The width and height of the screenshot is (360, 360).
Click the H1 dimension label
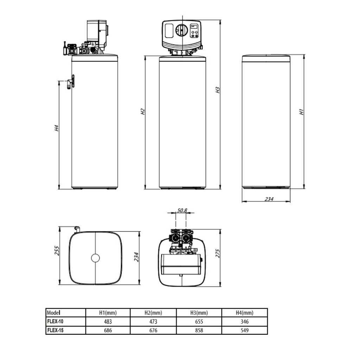(x=301, y=112)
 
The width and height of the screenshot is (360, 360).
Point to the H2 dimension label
(x=143, y=112)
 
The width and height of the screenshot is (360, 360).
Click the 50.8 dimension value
(x=182, y=211)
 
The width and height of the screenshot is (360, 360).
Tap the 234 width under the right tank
(x=269, y=199)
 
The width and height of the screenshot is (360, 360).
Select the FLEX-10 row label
(x=55, y=321)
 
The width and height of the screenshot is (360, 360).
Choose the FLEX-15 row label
(x=55, y=330)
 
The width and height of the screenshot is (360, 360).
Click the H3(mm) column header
(x=199, y=313)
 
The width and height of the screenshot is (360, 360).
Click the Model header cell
(x=53, y=313)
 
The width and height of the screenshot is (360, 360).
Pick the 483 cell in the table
(x=108, y=321)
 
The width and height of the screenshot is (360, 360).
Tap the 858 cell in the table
(x=199, y=330)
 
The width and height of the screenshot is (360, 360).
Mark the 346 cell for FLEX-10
(x=244, y=321)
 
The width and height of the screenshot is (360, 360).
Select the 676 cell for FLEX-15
(x=153, y=330)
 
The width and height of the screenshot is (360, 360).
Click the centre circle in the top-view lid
(x=95, y=258)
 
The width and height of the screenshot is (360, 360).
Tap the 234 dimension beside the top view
(x=136, y=257)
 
